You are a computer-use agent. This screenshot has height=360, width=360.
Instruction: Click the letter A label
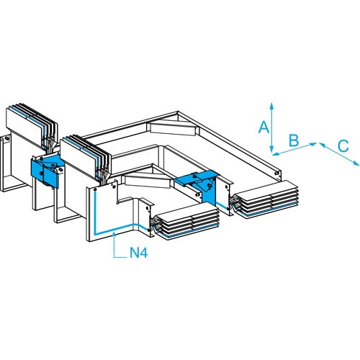[264, 127]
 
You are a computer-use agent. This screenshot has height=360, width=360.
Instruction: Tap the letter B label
[294, 140]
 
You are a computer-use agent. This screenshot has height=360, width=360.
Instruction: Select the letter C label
[343, 145]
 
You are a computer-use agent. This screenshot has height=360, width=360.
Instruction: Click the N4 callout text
[138, 253]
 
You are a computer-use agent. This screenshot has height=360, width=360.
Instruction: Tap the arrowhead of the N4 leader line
[114, 235]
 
